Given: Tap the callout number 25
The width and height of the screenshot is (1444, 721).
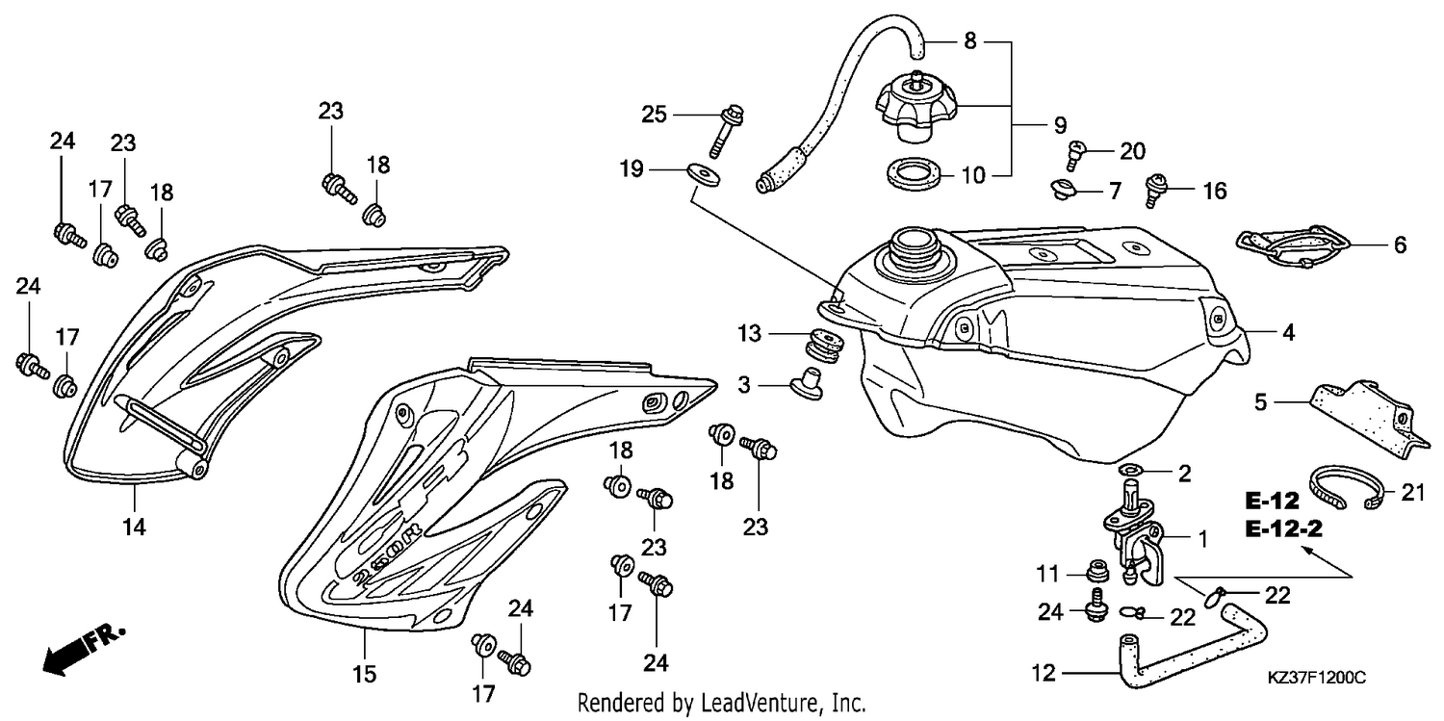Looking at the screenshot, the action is (x=654, y=115).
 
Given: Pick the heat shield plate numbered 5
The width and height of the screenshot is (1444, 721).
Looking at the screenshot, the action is (x=1367, y=419).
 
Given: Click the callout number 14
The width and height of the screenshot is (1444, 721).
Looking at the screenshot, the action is (x=134, y=528).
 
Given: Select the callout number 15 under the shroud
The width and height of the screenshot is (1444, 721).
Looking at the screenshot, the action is (x=364, y=675).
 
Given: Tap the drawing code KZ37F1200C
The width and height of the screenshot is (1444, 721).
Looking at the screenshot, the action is (x=1316, y=678).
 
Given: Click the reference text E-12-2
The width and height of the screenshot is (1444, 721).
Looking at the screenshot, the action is (x=1283, y=529).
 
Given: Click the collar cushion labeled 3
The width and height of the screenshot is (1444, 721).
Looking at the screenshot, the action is (x=807, y=384).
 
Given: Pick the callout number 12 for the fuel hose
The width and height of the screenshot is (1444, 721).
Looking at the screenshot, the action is (x=1044, y=673).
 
